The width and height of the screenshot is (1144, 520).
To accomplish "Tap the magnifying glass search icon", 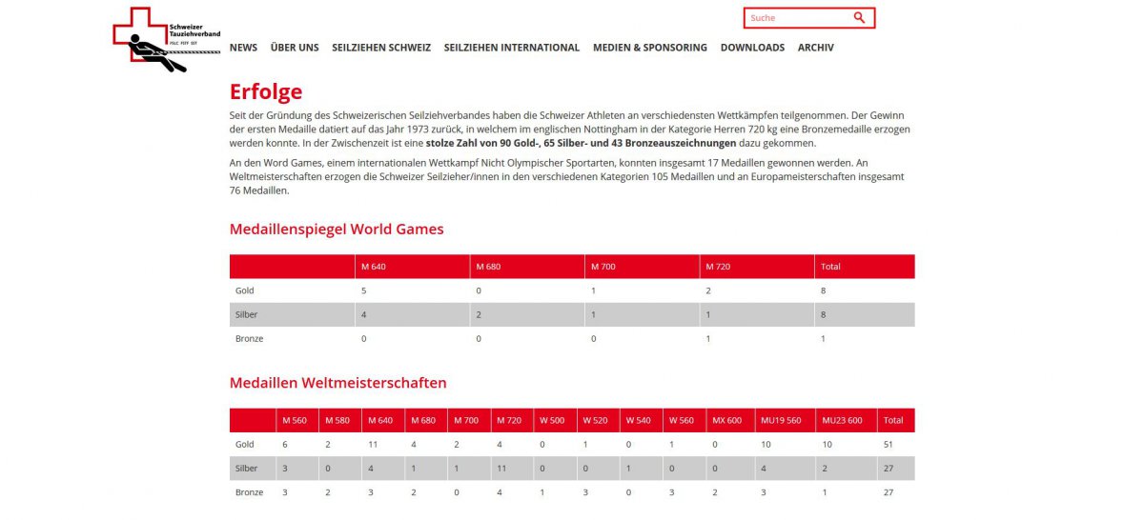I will (x=859, y=18).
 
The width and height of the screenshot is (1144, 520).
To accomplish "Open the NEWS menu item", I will (x=243, y=48).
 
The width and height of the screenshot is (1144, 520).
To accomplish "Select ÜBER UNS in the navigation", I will (x=295, y=48).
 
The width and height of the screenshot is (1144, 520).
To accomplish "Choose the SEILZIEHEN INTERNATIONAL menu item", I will (x=511, y=48).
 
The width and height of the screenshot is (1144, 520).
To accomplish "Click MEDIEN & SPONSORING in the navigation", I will (x=649, y=48).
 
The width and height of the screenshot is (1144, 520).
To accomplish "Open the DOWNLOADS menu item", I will (x=752, y=48).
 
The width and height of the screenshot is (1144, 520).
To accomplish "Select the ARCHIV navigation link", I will (x=815, y=48).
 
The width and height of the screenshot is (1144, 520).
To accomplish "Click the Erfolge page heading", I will (x=266, y=92).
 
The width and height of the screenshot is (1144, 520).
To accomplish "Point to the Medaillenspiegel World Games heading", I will (x=337, y=230).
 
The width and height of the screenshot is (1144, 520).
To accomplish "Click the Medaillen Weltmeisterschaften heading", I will (x=337, y=383).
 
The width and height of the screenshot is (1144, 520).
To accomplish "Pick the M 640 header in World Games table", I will (x=373, y=267).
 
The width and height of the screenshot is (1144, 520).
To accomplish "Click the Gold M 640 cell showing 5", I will (x=363, y=290).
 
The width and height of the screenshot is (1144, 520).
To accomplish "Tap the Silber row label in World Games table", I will (x=246, y=314).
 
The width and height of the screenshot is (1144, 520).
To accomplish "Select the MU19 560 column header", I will (x=781, y=420).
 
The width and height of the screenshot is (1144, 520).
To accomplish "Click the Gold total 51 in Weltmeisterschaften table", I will (x=889, y=445).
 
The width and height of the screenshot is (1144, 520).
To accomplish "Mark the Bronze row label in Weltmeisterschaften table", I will (x=249, y=492).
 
